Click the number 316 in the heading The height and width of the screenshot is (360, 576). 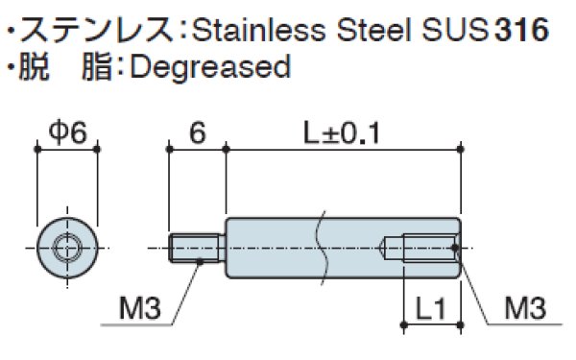(522, 29)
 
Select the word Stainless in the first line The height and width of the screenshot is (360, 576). (259, 29)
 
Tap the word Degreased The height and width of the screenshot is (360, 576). (210, 67)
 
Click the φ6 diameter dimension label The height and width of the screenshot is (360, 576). (68, 132)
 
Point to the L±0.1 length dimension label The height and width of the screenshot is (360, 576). (342, 133)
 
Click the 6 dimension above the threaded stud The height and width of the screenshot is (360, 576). (198, 132)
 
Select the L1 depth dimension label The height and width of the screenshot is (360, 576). (430, 308)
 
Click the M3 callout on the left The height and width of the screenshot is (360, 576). (140, 308)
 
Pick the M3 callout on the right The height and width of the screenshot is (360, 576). (525, 308)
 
